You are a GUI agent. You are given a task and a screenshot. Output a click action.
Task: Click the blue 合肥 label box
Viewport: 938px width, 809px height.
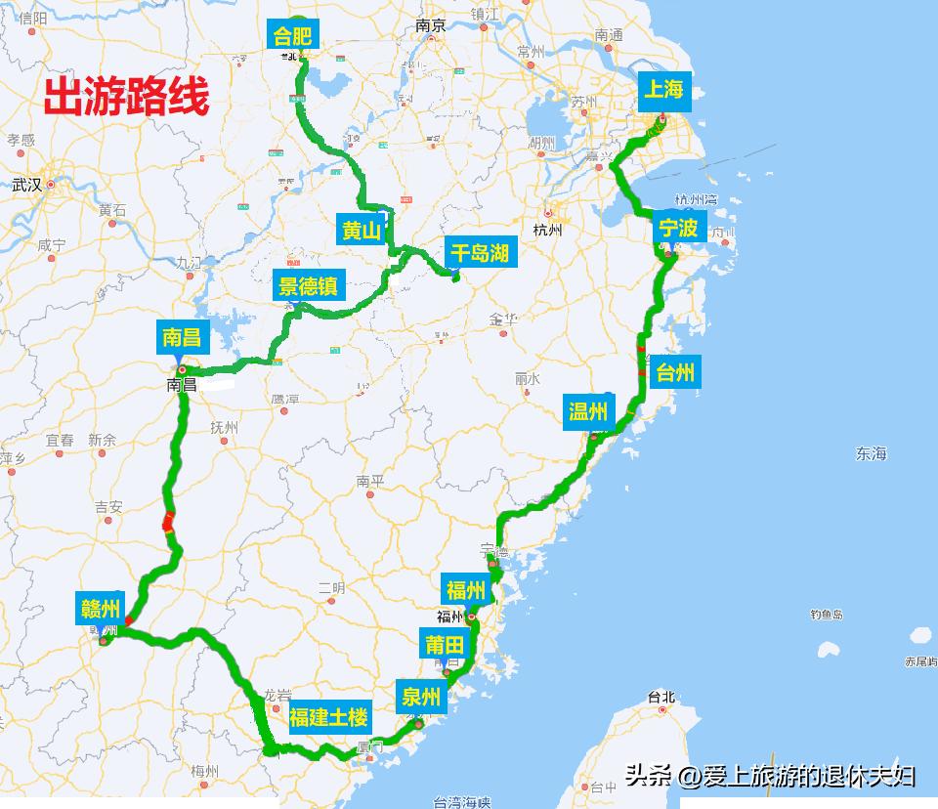pos(292,36)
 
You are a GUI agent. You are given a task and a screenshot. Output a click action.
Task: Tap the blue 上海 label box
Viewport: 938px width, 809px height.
pos(662,90)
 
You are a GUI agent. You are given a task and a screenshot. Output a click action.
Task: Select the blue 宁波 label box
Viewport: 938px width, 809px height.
pos(678,229)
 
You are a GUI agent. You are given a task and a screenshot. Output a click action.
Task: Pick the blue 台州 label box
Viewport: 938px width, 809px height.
pos(675,371)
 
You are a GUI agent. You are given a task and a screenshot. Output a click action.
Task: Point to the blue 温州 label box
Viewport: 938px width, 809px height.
pos(588,412)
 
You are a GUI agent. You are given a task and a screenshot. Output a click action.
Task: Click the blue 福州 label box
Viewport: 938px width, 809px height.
pos(466,590)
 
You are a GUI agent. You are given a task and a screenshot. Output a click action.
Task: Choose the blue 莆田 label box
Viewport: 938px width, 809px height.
pos(445,645)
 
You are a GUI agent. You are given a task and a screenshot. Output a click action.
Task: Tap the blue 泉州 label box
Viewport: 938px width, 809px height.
pos(421,698)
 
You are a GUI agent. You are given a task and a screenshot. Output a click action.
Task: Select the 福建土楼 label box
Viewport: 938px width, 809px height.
pos(328,718)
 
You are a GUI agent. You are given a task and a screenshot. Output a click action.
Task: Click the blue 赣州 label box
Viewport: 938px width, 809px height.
pos(101,610)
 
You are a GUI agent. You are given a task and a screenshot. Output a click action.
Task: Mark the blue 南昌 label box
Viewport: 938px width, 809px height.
pos(181,338)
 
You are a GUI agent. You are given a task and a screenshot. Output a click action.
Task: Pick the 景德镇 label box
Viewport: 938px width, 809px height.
pos(308,286)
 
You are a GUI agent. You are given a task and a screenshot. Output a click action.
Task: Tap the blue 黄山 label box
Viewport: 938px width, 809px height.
pos(361,231)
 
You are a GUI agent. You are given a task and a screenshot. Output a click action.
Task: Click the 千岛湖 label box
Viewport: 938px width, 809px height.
pos(479,253)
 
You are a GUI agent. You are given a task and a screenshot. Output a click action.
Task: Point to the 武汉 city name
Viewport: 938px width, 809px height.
pos(27,184)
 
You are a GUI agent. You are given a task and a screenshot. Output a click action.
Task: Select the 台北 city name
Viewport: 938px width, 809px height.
pos(661,697)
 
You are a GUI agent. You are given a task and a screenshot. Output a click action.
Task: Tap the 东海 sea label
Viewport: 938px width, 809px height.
pos(871,453)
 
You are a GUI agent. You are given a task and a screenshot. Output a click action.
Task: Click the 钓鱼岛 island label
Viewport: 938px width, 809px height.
pos(827,615)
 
